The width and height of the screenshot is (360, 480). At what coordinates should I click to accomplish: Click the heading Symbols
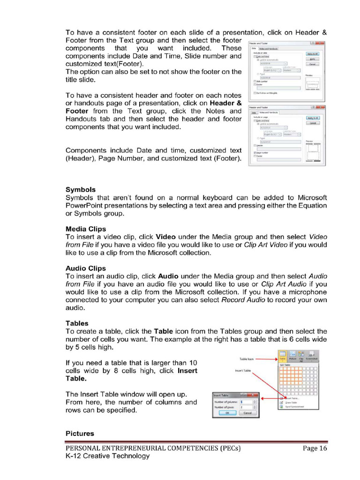point(80,190)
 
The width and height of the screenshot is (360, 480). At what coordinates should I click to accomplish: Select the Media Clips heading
point(86,229)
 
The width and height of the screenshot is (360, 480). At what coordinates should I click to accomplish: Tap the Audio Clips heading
point(86,269)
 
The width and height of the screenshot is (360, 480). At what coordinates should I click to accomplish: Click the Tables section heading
point(77,323)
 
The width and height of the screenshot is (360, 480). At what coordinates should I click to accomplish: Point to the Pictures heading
point(80,434)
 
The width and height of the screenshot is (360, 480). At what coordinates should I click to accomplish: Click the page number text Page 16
point(315,448)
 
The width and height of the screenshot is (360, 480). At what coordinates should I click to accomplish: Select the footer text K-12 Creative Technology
point(107,456)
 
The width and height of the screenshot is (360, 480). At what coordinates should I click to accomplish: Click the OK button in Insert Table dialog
point(228,413)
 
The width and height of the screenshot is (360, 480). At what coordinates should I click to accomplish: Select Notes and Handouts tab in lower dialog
point(269,112)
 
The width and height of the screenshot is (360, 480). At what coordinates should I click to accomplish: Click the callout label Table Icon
point(247,359)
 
